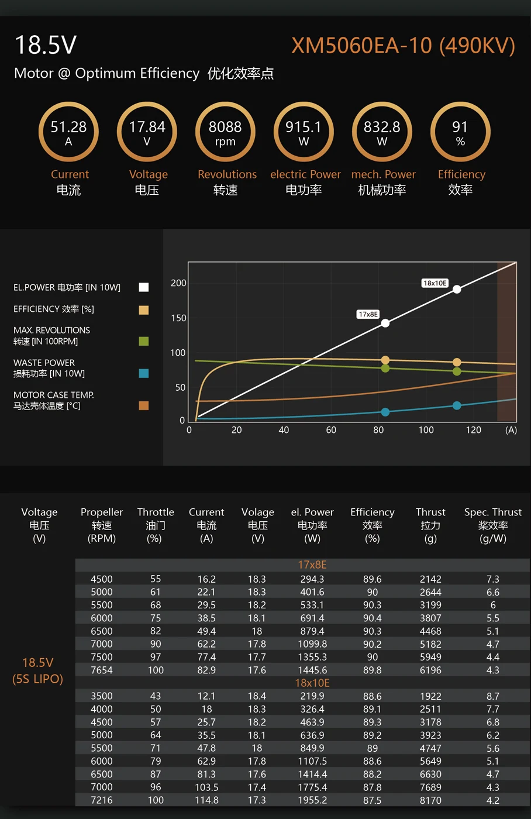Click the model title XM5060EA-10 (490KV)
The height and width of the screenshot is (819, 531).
403,46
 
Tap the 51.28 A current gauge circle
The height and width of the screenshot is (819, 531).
68,132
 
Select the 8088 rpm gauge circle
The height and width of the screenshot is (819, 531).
225,132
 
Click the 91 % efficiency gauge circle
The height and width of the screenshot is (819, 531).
460,132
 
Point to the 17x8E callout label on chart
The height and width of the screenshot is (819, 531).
368,314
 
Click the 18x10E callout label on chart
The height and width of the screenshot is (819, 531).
435,283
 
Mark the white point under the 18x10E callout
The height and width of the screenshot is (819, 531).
457,289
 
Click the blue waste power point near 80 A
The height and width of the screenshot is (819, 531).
385,412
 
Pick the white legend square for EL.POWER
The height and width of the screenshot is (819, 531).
144,287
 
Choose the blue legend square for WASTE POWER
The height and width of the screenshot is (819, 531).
144,373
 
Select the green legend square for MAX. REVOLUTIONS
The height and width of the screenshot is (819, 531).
144,341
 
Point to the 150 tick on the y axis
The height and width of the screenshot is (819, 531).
178,318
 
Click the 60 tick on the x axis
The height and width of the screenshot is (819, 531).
331,430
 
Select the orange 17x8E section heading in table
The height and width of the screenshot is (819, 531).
312,565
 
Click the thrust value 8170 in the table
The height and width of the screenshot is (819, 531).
430,800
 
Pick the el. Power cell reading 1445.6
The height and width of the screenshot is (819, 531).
312,670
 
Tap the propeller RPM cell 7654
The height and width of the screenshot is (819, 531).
102,670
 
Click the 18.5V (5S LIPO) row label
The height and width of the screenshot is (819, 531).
38,670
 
